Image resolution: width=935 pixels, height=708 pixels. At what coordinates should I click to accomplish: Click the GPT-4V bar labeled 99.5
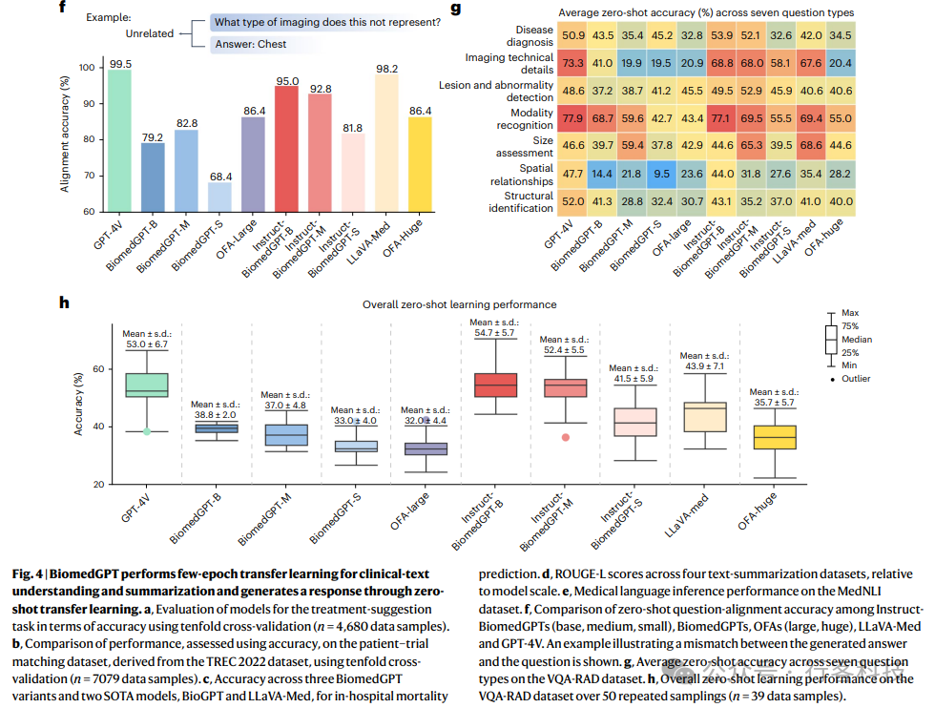[120, 139]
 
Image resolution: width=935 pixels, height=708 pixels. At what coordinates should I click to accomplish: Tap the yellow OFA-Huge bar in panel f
[420, 163]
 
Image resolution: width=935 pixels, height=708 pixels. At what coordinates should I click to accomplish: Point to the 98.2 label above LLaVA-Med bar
[386, 56]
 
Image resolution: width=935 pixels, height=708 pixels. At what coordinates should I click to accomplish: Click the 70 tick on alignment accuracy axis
[88, 176]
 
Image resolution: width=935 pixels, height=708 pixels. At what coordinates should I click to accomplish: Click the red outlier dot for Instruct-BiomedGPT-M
[566, 437]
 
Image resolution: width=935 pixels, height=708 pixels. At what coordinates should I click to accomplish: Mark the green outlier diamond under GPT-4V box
[147, 431]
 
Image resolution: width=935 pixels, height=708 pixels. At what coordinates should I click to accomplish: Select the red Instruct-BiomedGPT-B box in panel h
[496, 385]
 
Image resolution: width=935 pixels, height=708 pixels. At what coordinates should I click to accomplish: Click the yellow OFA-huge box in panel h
[774, 436]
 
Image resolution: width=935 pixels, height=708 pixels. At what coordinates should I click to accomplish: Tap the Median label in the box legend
[856, 339]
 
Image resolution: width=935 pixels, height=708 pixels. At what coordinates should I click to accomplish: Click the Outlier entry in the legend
[856, 378]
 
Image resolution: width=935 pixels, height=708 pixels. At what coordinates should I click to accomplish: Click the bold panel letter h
[64, 303]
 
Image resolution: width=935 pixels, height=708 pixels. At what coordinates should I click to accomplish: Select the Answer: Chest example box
[250, 44]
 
